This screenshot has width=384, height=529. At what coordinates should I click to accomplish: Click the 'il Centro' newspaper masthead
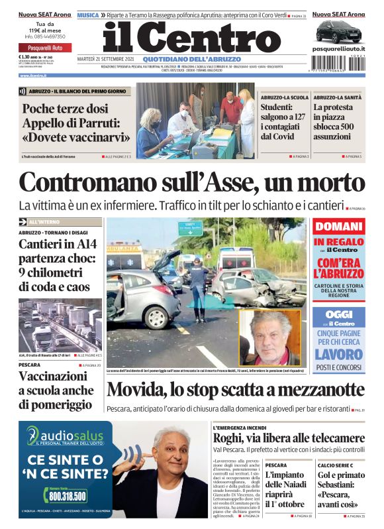[x=191, y=37]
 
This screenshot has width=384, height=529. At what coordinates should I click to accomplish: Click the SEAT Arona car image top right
[x=338, y=30]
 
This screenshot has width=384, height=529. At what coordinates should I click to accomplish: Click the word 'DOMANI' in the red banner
[x=338, y=227]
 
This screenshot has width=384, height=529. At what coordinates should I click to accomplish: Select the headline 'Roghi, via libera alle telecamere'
[x=289, y=438]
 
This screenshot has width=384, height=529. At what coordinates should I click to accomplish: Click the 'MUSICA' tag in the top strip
[x=88, y=15]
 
